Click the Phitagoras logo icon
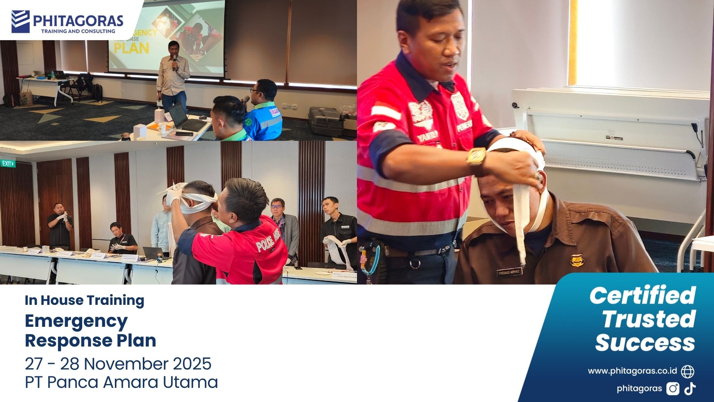pos(20,21)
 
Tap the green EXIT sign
pos(8,163)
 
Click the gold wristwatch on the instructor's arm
pos(476,157)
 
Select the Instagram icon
pos(673,389)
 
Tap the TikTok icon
pos(690,389)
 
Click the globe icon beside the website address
pos(687,371)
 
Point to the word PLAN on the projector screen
pos(131,48)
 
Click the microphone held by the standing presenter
pos(174,61)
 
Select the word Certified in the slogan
pos(642,296)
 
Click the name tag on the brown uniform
pos(509,272)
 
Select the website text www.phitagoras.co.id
pos(632,371)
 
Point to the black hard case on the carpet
pos(326,121)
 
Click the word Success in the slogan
pos(645,342)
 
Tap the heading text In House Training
pos(84,300)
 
